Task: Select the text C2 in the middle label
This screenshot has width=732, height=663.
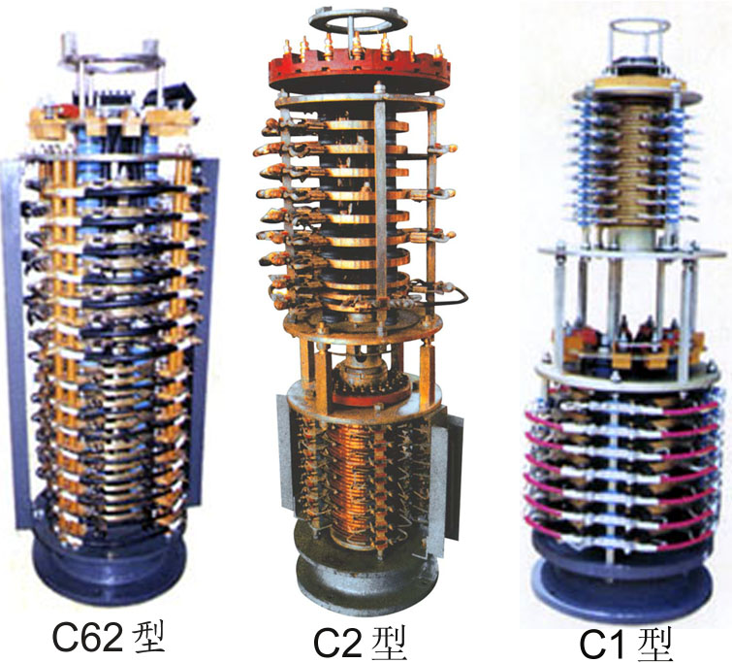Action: click(339, 642)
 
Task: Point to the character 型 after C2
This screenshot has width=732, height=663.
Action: click(390, 642)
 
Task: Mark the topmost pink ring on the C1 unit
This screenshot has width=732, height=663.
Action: click(630, 412)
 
